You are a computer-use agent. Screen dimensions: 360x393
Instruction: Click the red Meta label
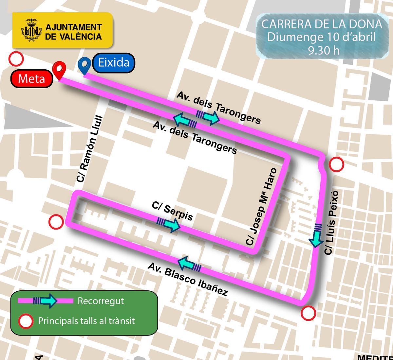31,79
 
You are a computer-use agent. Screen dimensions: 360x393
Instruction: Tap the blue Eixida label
113,62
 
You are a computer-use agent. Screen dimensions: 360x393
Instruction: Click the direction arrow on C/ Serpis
169,224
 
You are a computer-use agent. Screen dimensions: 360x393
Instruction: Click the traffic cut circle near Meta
16,59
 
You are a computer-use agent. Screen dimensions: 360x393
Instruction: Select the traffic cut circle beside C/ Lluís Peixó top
336,164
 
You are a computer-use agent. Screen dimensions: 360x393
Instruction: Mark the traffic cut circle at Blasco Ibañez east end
308,313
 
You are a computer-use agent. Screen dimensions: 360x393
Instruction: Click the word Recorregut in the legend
101,301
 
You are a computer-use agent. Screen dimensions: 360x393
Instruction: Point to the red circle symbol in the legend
26,321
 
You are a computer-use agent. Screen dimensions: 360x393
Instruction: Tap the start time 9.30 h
323,50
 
